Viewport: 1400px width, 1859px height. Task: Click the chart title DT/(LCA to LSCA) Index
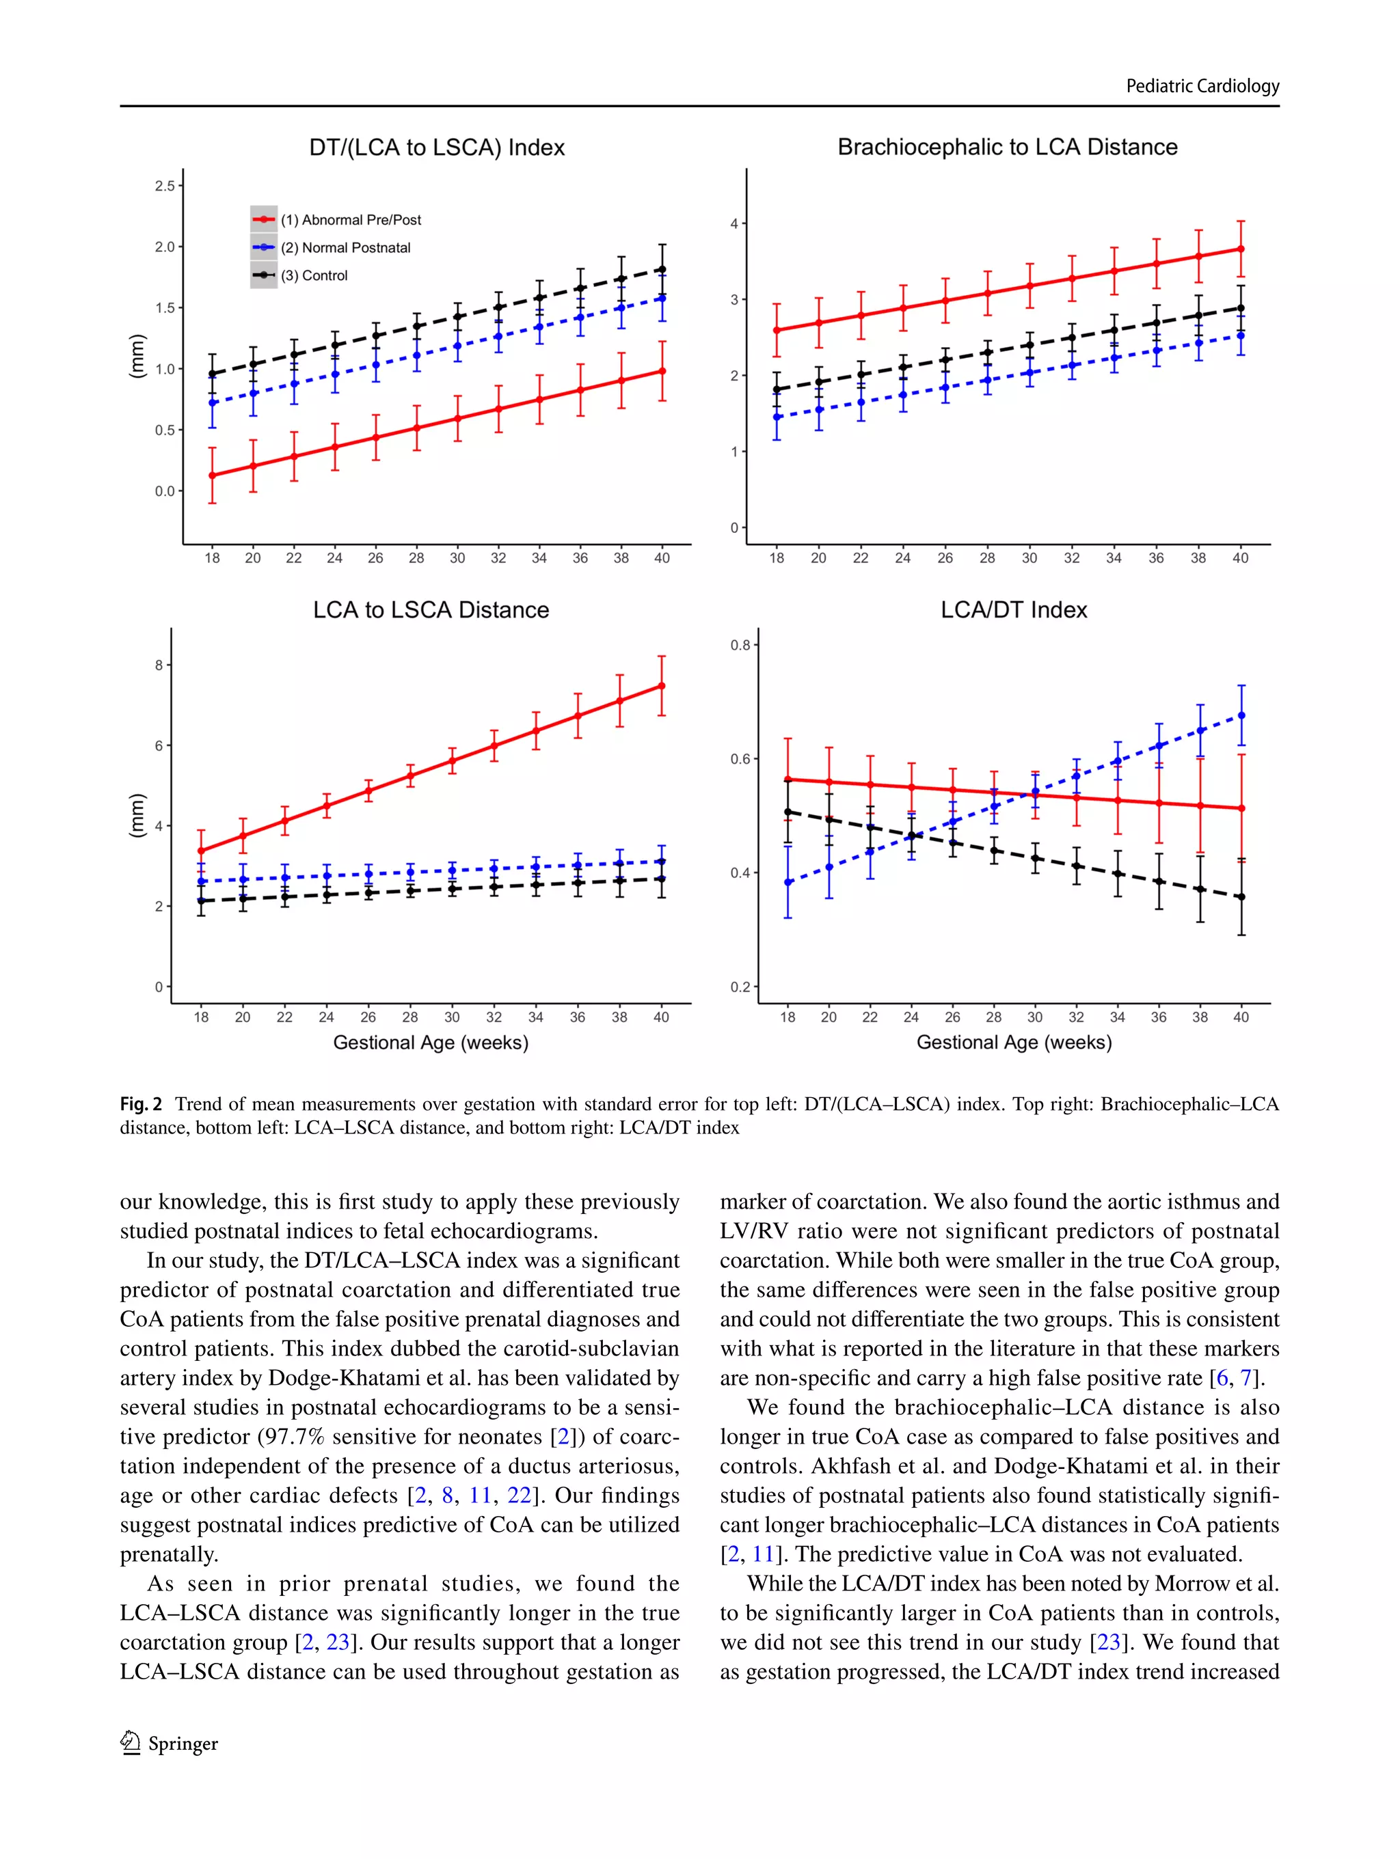pyautogui.click(x=436, y=148)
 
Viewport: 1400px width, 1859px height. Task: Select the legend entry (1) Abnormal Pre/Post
pyautogui.click(x=350, y=220)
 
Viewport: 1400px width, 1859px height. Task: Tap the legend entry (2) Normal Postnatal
pyautogui.click(x=345, y=248)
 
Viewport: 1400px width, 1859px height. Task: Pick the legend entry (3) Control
pyautogui.click(x=314, y=275)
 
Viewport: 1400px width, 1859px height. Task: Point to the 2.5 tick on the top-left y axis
pyautogui.click(x=165, y=186)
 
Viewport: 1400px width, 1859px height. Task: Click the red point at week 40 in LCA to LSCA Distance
pyautogui.click(x=662, y=686)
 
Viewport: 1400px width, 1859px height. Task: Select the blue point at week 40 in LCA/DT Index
pyautogui.click(x=1241, y=716)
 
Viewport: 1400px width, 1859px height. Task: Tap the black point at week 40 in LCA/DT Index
pyautogui.click(x=1241, y=897)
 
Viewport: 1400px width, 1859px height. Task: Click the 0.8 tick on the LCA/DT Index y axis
pyautogui.click(x=740, y=646)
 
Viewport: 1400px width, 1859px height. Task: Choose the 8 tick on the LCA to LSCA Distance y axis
pyautogui.click(x=159, y=665)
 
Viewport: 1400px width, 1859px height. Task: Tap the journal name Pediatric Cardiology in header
pyautogui.click(x=1202, y=85)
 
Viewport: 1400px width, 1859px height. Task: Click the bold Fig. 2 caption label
pyautogui.click(x=140, y=1104)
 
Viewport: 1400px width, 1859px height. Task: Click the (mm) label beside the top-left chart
pyautogui.click(x=136, y=357)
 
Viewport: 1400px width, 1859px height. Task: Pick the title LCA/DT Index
pyautogui.click(x=1013, y=610)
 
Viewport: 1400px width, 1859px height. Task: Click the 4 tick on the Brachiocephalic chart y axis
pyautogui.click(x=734, y=223)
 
